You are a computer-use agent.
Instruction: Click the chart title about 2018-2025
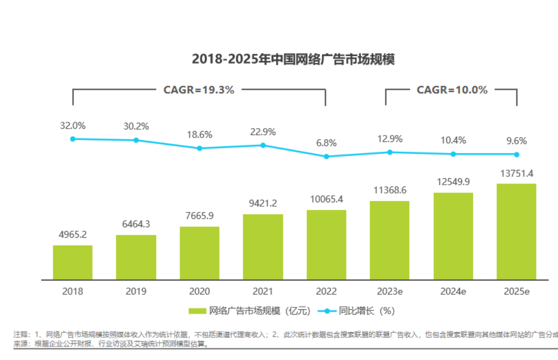pos(293,59)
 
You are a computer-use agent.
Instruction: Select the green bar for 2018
pos(73,263)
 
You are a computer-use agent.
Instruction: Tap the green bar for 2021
pos(263,247)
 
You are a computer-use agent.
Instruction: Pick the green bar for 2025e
pos(517,232)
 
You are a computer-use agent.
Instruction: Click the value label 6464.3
pos(136,224)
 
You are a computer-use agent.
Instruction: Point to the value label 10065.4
pos(326,199)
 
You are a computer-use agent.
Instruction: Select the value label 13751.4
pos(517,173)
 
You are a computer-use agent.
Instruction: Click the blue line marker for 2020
pos(200,148)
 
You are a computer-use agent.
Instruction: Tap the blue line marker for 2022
pos(326,156)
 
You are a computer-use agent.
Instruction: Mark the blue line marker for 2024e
pos(453,154)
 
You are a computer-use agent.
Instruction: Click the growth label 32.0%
pos(73,126)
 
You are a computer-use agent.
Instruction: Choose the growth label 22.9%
pos(263,132)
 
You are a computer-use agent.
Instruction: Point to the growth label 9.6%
pos(517,141)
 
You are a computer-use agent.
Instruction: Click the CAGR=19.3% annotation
pos(199,90)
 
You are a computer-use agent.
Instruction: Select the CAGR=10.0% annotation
pos(452,90)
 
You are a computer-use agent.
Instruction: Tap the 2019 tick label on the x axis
pos(136,291)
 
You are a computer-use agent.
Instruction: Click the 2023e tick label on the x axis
pos(389,291)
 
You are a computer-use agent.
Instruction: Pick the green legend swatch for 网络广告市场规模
pos(197,311)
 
